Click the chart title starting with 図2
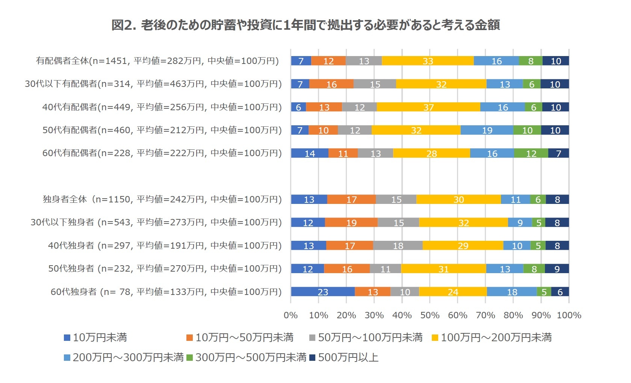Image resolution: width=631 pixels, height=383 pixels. tap(305, 25)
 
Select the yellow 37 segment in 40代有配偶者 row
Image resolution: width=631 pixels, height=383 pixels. tap(428, 107)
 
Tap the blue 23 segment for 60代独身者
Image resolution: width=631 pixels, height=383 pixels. tap(323, 292)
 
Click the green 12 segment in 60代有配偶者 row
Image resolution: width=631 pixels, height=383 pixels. tap(531, 154)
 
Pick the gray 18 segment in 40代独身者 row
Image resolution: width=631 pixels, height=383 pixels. tap(398, 246)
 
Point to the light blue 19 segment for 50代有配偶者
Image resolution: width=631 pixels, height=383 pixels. tap(487, 130)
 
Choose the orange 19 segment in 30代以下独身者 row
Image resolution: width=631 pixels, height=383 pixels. tap(351, 223)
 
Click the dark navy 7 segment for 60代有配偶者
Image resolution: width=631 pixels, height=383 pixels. tap(558, 154)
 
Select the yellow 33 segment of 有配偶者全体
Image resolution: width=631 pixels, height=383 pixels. tap(428, 61)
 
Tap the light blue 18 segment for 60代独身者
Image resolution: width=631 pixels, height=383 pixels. tap(512, 292)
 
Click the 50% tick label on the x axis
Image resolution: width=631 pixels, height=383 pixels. tap(430, 315)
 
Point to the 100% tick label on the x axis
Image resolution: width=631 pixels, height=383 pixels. tap(569, 315)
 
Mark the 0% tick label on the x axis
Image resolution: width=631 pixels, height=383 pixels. tap(291, 315)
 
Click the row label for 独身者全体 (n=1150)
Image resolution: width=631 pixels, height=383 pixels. tap(162, 199)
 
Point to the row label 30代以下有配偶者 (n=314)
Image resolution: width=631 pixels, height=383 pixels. tap(153, 84)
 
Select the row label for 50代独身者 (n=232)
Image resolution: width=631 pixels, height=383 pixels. tap(165, 269)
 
